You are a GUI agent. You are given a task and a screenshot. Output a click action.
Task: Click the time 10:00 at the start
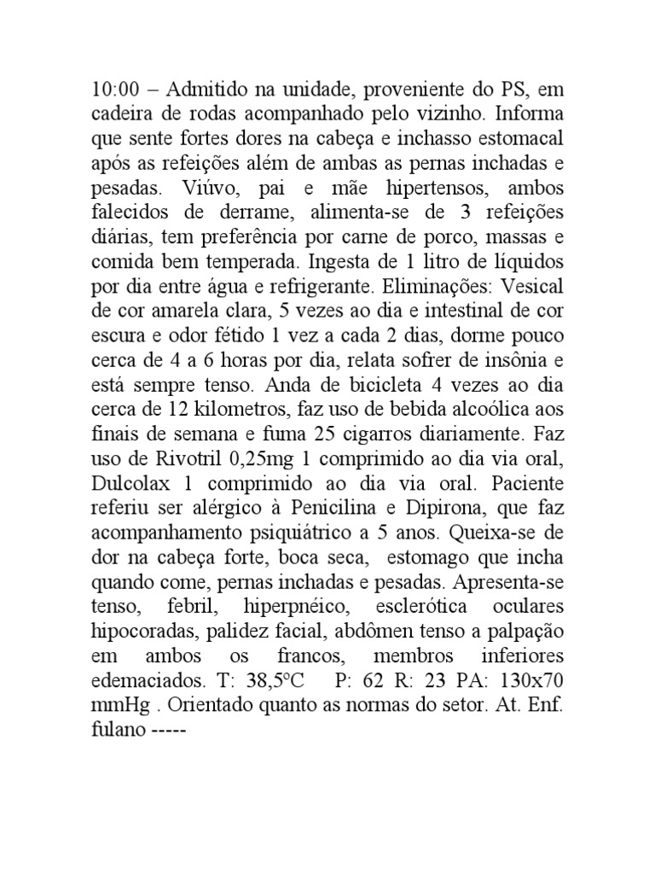coord(114,90)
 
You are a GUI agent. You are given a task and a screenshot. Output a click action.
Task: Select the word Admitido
coord(202,90)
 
